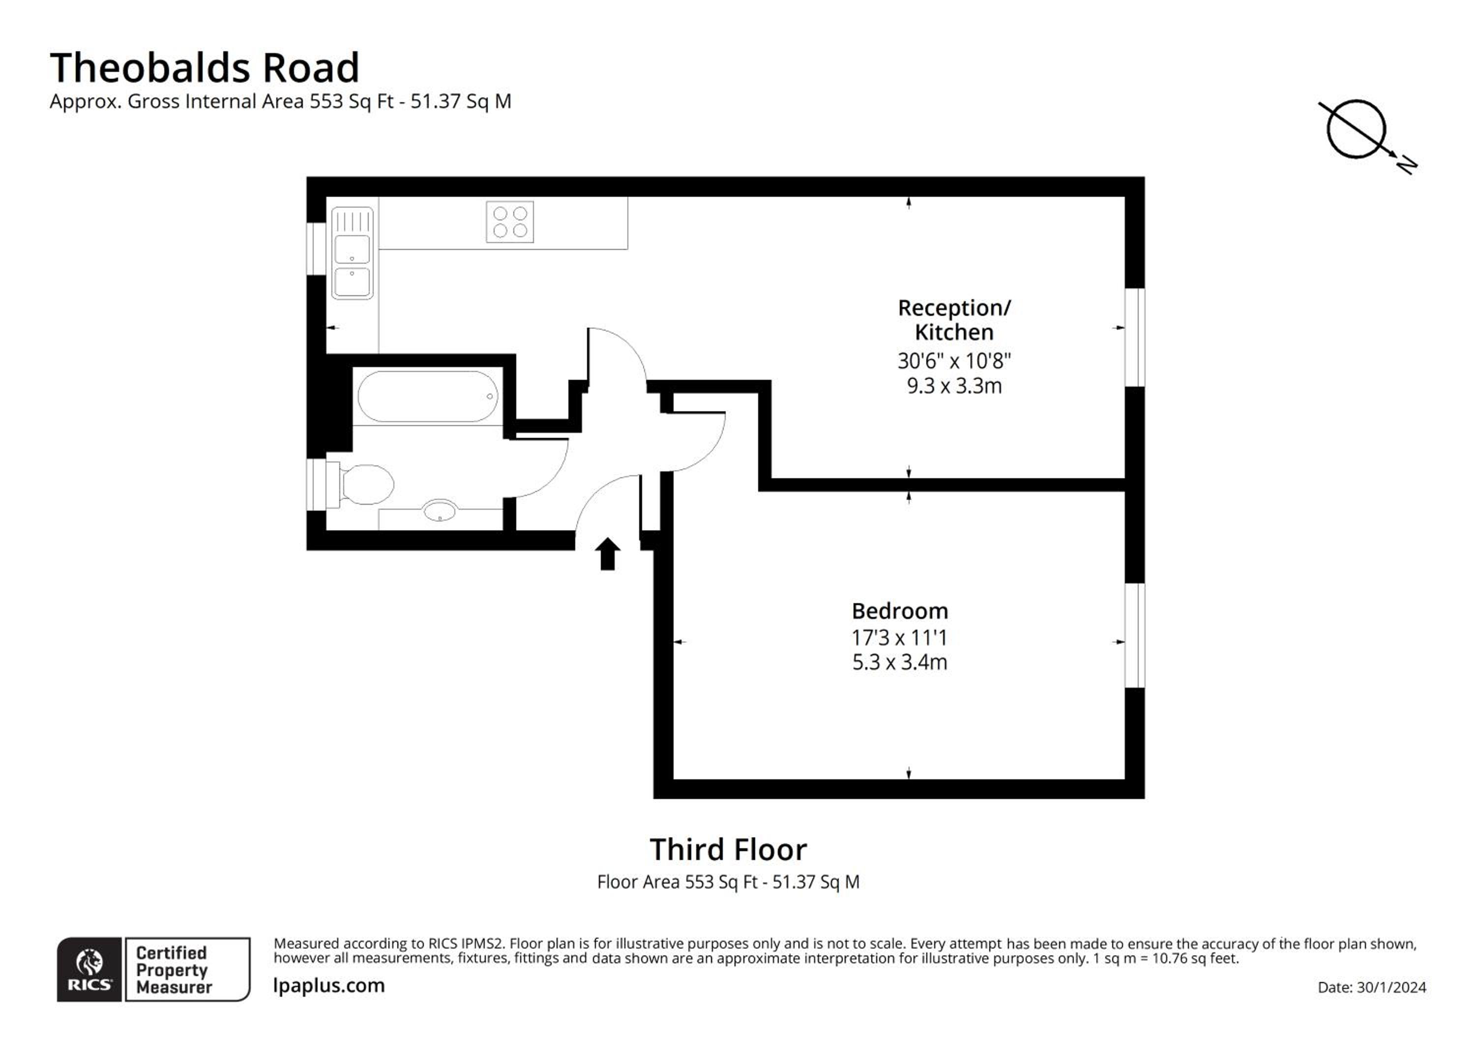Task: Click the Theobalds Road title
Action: [205, 67]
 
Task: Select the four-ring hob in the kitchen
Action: [509, 222]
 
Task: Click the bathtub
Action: [428, 397]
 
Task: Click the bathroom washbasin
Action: [440, 511]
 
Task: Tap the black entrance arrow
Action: [607, 554]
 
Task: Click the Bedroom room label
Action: [899, 611]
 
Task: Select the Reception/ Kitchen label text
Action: [954, 320]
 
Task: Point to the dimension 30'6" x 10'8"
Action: [954, 361]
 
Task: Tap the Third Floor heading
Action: [728, 850]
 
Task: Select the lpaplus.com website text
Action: [329, 986]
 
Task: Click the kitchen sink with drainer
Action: [352, 253]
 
